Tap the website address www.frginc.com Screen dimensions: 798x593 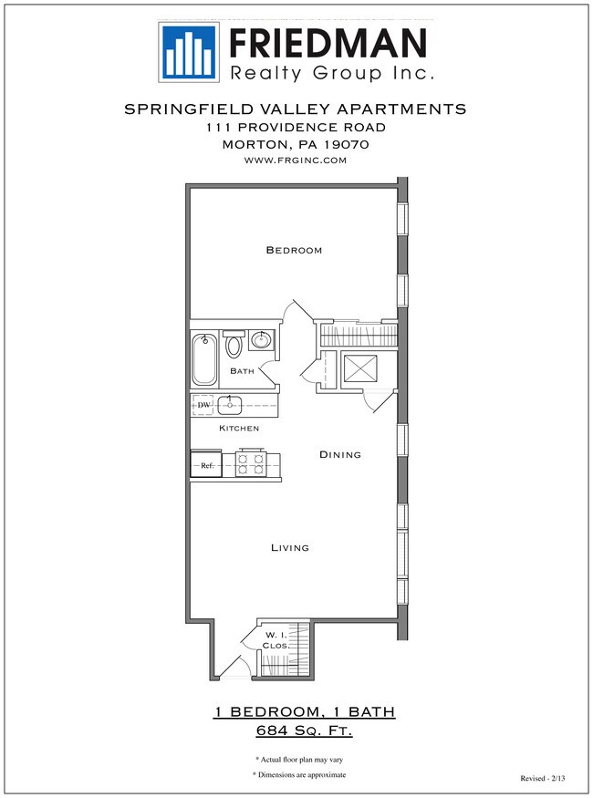(x=295, y=160)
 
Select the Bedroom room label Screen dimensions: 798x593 (x=294, y=250)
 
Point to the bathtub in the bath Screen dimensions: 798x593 (x=204, y=360)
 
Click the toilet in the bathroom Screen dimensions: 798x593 (x=234, y=344)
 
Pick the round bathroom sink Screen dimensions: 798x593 (x=262, y=341)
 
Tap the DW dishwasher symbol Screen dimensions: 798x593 (x=203, y=404)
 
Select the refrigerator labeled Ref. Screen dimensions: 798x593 (x=205, y=465)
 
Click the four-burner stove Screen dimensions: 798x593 (x=250, y=464)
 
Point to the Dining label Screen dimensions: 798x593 (x=340, y=454)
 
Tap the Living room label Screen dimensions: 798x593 (x=290, y=548)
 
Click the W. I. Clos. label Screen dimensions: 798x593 (x=276, y=639)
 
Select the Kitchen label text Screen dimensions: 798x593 (x=239, y=428)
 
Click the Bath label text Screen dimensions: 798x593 (x=242, y=371)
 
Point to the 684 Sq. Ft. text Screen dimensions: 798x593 (x=305, y=731)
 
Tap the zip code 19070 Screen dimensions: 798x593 (x=346, y=144)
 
